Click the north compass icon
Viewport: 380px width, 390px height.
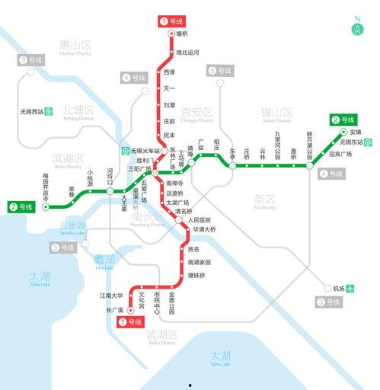tap(357, 29)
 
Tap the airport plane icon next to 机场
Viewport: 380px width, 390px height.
tap(350, 289)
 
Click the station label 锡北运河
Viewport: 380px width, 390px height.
tap(187, 53)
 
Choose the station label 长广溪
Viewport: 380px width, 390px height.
tap(114, 310)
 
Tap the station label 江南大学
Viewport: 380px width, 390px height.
tap(111, 295)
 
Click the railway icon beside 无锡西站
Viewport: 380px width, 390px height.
tap(48, 112)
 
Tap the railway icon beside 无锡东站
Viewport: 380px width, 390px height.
tap(369, 142)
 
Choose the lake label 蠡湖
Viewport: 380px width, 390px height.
tap(104, 259)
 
